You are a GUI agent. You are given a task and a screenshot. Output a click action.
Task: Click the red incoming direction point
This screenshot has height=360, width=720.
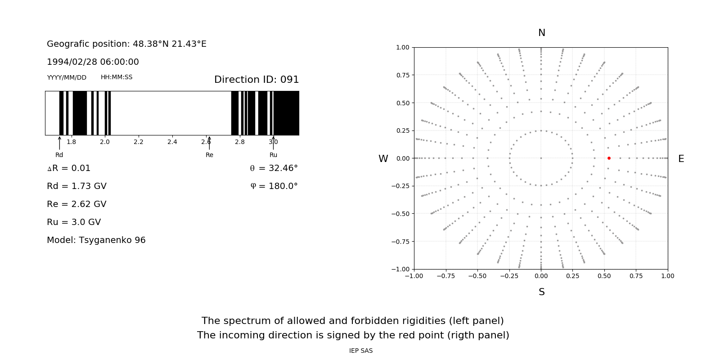[x=609, y=158]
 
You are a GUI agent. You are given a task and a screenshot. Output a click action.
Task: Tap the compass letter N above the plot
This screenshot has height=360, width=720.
[x=542, y=33]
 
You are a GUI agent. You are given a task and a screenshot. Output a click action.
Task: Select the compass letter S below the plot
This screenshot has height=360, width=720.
[x=542, y=292]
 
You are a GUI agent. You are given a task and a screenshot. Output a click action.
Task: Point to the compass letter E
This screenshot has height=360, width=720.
[x=681, y=159]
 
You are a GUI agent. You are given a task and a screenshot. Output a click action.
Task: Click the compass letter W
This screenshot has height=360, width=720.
[x=383, y=159]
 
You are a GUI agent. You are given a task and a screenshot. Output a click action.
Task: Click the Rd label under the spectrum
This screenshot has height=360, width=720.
[x=59, y=155]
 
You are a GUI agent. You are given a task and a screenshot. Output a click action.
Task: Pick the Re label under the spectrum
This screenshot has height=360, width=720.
[x=209, y=155]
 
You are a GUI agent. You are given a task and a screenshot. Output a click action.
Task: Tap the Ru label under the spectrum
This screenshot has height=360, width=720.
[x=273, y=155]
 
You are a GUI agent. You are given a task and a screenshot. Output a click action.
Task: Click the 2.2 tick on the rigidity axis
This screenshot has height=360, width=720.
[x=139, y=142]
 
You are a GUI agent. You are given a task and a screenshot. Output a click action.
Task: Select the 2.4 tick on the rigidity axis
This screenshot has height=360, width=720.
[x=172, y=142]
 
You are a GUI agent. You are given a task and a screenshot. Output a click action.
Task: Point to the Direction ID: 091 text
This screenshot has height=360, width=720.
[x=256, y=80]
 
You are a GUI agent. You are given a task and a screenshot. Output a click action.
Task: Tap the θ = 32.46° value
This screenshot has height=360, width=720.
[x=274, y=168]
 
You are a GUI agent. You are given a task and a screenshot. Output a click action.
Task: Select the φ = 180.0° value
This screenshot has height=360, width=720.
[x=274, y=186]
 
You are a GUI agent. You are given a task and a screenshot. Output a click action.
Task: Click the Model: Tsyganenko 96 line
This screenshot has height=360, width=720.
[x=96, y=240]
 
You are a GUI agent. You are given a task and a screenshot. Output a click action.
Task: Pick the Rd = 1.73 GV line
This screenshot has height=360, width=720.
[x=76, y=186]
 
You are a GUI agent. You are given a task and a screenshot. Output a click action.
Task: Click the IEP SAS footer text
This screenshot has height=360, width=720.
[x=361, y=351]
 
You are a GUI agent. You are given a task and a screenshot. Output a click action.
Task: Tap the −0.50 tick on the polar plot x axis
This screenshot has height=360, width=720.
[x=477, y=276]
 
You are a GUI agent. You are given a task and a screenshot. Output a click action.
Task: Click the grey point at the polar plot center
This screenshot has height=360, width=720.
[x=541, y=158]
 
